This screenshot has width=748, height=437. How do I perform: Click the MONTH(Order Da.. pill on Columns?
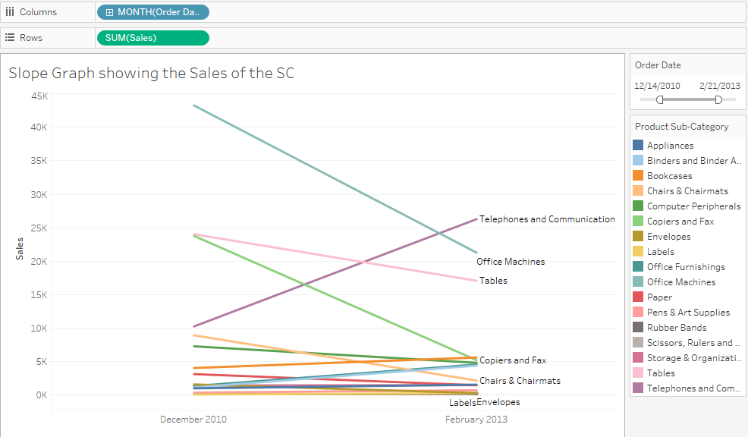[152, 12]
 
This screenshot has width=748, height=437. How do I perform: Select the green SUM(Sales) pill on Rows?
[152, 38]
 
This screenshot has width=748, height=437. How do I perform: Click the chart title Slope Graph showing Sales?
[151, 74]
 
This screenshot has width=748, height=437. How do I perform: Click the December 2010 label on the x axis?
[193, 420]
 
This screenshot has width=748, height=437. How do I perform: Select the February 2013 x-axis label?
[476, 420]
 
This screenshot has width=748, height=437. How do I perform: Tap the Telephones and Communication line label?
[547, 219]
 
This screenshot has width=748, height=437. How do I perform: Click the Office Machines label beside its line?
[511, 262]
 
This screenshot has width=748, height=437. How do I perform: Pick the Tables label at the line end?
[493, 281]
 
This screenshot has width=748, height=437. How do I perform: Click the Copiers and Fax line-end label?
[513, 360]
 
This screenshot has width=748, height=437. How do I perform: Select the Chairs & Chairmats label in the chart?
[520, 381]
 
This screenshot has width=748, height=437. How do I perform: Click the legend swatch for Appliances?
[638, 145]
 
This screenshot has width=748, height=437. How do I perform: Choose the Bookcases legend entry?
[669, 176]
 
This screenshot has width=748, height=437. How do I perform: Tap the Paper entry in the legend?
[659, 297]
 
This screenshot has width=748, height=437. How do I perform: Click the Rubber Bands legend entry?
[677, 328]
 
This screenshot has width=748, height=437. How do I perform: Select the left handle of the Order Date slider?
[660, 99]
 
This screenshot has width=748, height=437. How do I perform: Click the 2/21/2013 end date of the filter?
[719, 86]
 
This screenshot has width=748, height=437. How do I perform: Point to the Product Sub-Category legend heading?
[681, 127]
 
